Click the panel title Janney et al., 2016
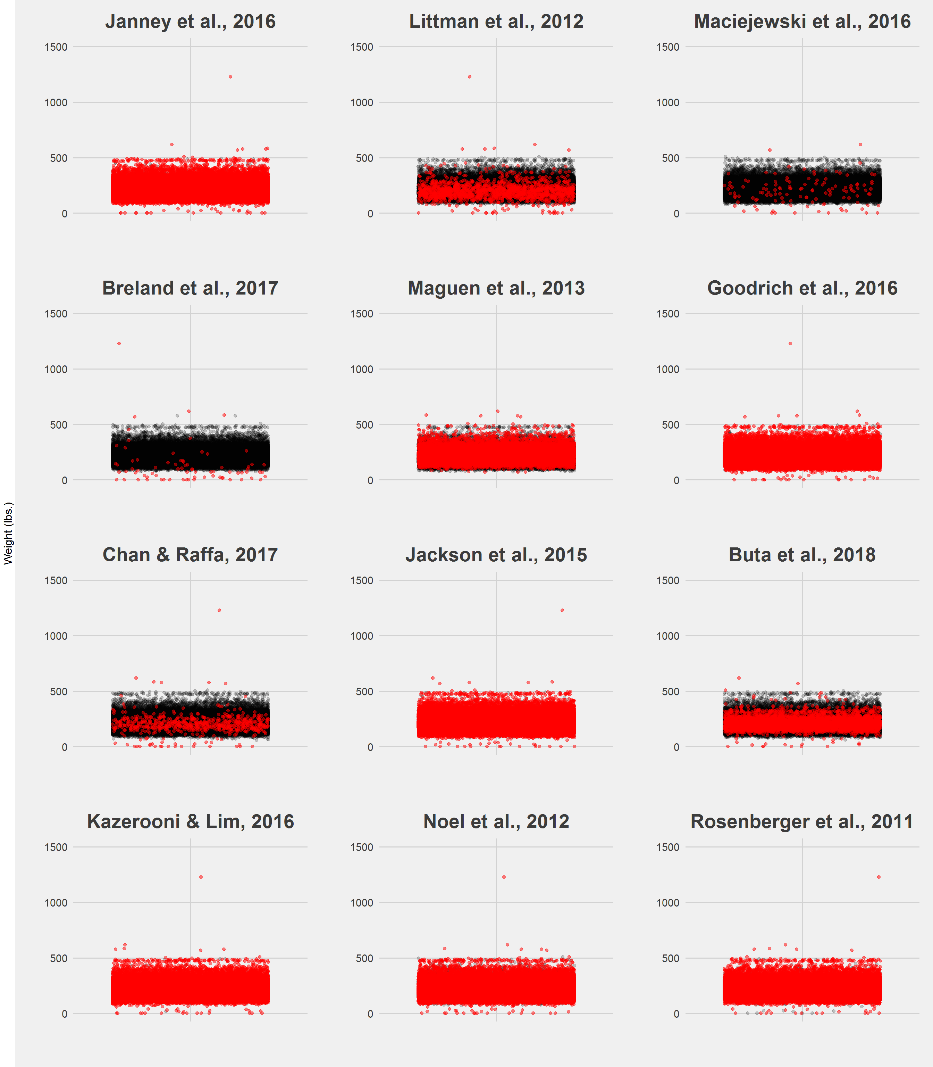pos(190,22)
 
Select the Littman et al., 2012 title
pos(496,22)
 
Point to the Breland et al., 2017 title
pos(190,288)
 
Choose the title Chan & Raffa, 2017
pos(190,555)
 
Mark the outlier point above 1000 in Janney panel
pos(230,76)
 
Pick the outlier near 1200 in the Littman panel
pos(470,76)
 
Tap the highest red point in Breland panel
pos(119,343)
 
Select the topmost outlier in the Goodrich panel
pos(790,343)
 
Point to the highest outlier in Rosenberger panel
pos(879,877)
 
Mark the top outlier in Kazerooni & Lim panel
pos(201,877)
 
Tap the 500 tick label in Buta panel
pos(671,691)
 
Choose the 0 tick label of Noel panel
pos(370,1014)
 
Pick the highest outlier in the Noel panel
pos(503,877)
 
